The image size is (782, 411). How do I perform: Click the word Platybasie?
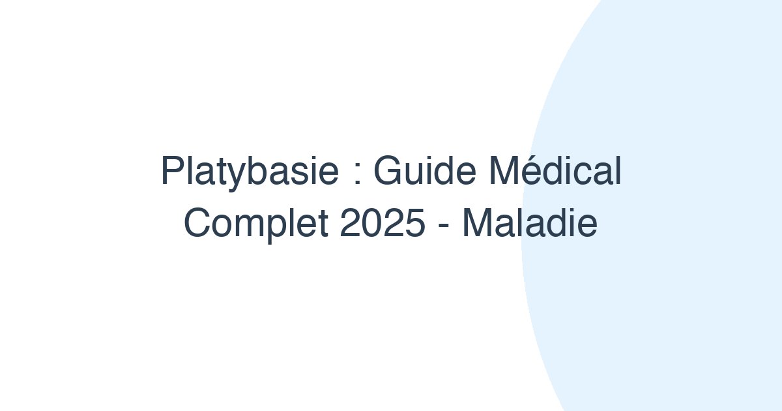click(x=250, y=172)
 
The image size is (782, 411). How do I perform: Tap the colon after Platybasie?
click(x=357, y=175)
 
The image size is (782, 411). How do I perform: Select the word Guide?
click(x=424, y=170)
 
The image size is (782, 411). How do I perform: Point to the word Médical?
click(x=555, y=170)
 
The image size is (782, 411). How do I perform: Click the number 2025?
click(x=383, y=222)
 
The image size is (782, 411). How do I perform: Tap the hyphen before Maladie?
click(x=443, y=226)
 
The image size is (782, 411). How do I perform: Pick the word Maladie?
click(x=530, y=222)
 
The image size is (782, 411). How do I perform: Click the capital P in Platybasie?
click(x=173, y=170)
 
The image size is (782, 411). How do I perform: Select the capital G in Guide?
click(x=388, y=170)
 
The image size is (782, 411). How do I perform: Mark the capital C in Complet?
click(x=197, y=222)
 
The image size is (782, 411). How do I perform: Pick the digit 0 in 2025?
click(x=371, y=222)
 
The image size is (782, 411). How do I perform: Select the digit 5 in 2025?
click(x=415, y=222)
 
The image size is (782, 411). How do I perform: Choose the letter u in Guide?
click(x=413, y=174)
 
